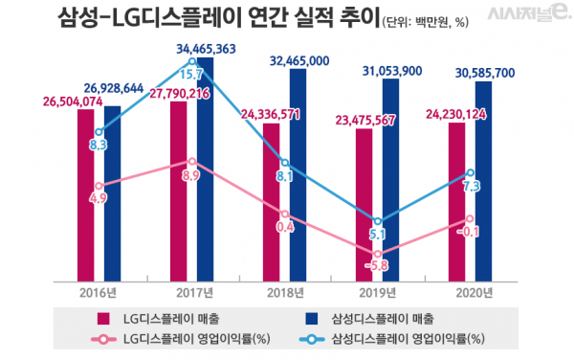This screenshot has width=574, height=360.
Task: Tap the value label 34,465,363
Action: click(207, 46)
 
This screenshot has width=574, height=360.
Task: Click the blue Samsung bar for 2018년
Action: click(299, 172)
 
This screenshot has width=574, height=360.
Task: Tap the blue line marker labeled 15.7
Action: click(193, 61)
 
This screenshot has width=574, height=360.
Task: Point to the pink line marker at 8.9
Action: click(192, 162)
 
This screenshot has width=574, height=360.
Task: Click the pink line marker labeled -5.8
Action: click(379, 254)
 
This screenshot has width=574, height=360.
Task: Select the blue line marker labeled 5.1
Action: click(379, 220)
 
